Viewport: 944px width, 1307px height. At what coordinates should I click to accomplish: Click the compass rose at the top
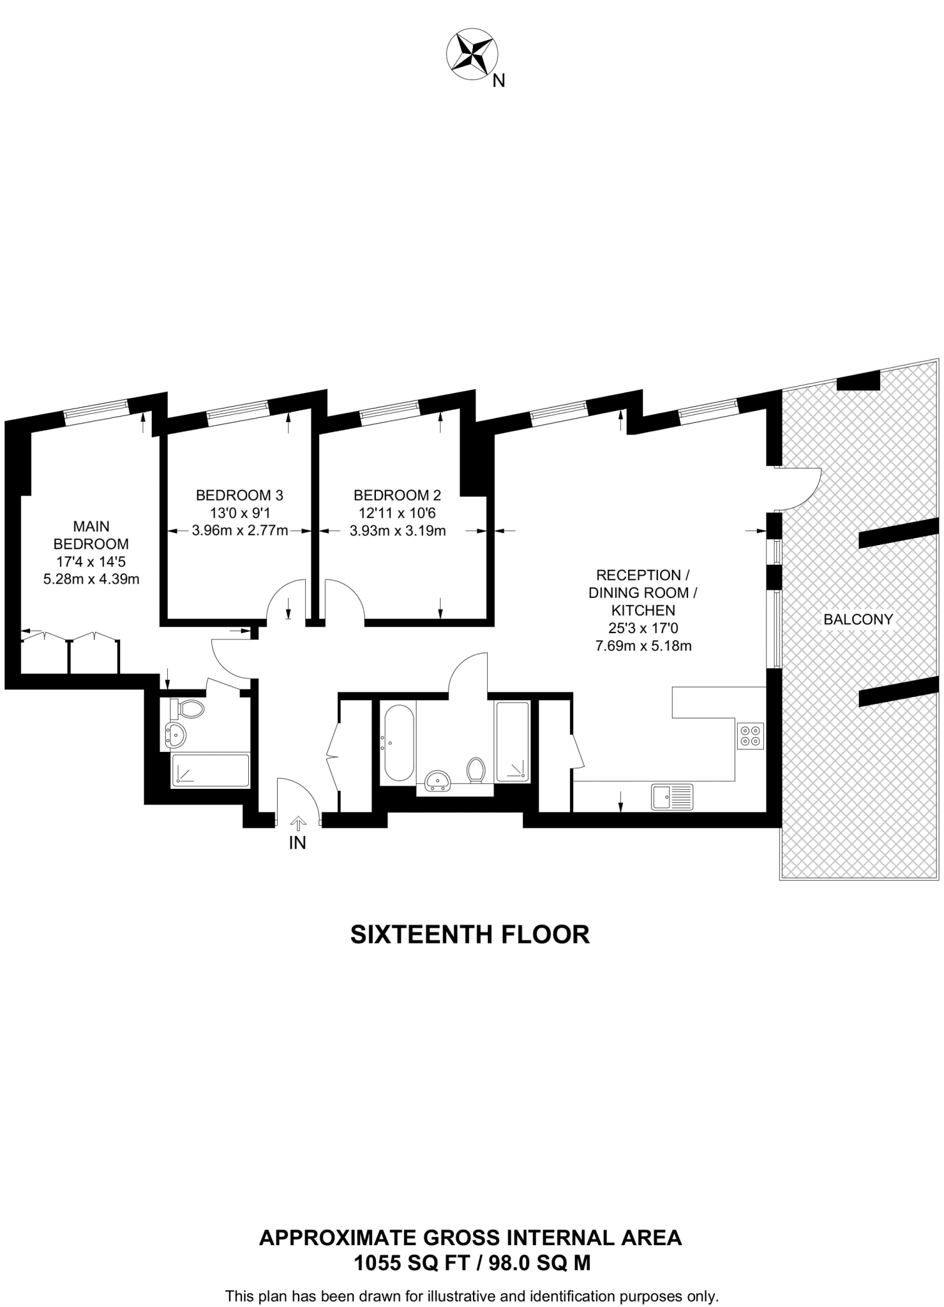click(x=472, y=56)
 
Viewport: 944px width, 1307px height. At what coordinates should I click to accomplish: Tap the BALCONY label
click(x=857, y=618)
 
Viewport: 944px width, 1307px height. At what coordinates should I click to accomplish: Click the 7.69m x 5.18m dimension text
click(x=643, y=645)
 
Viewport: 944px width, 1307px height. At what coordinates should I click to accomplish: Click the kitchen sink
click(x=671, y=797)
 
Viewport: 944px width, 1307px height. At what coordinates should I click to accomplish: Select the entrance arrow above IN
click(x=298, y=824)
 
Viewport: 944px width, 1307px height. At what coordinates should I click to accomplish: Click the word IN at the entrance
click(x=297, y=843)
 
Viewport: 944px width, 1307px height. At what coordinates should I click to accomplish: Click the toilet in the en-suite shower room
click(x=189, y=708)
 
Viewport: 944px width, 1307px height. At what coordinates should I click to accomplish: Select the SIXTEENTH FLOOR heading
click(x=470, y=934)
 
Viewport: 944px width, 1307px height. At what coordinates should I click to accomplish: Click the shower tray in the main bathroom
click(x=513, y=742)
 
